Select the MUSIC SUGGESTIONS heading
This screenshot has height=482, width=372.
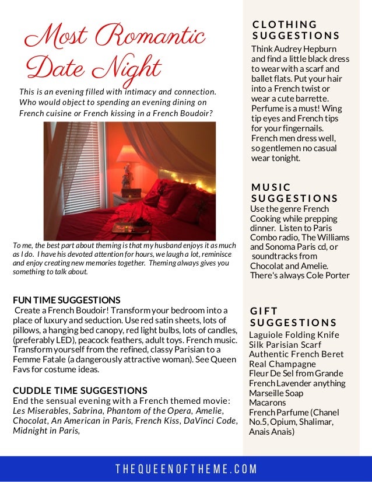(x=294, y=193)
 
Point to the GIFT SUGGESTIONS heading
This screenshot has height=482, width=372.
(x=293, y=317)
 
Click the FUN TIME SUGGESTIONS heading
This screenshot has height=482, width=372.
(x=66, y=300)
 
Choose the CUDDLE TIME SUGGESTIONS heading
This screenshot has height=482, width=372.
(x=80, y=390)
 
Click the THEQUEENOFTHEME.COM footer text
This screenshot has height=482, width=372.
(x=186, y=469)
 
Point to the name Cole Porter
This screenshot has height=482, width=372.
(x=327, y=275)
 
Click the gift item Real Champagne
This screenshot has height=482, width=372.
(x=282, y=364)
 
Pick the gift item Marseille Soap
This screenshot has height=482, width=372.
(x=276, y=393)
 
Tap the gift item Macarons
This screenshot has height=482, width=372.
(x=267, y=403)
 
